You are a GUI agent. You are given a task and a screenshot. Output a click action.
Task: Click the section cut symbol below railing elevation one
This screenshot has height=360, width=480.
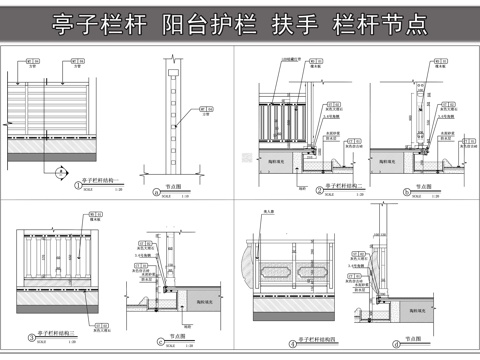coord(58,172)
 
